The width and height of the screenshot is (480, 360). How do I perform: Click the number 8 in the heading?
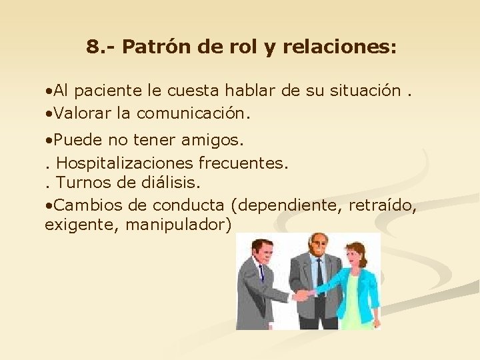pos(93,47)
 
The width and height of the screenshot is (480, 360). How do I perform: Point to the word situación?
pos(366,90)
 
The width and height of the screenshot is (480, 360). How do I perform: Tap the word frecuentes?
pos(247,162)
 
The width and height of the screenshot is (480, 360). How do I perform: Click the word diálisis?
pos(171,182)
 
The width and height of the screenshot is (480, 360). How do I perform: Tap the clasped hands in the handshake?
pos(305,293)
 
